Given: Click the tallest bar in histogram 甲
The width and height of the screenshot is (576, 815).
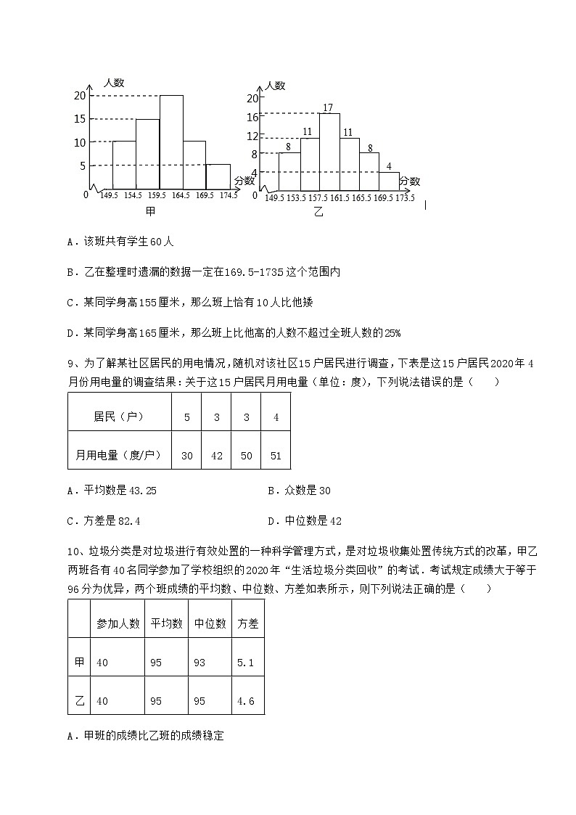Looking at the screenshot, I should [171, 142].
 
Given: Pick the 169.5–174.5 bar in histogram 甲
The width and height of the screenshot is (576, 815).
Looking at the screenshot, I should [218, 176].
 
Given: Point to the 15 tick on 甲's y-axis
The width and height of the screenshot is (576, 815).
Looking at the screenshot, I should [80, 119].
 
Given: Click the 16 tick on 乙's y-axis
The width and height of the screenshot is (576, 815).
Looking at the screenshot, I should [252, 117].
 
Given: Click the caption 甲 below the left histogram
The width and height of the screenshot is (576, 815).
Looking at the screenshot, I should [150, 211].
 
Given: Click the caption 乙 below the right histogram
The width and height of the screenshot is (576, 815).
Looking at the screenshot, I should [318, 213].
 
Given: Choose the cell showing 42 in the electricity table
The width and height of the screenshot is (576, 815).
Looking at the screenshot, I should [216, 456].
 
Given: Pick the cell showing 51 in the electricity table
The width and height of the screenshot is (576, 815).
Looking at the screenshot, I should [276, 456].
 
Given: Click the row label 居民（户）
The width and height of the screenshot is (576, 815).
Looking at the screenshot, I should [118, 417].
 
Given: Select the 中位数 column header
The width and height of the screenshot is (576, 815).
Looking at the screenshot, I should [210, 623].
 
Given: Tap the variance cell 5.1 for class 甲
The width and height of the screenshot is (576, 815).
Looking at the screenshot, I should [245, 663].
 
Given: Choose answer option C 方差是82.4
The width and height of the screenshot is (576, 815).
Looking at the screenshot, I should [103, 521].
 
